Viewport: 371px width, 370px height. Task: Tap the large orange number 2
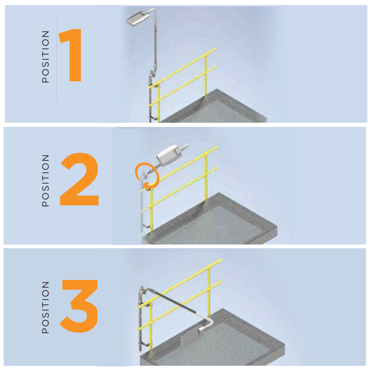coord(79,179)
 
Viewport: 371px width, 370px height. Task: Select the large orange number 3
coord(79,306)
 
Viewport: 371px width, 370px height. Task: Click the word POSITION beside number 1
coord(45,57)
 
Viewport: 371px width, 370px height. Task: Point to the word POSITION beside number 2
coord(45,181)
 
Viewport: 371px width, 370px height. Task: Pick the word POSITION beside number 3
coord(45,307)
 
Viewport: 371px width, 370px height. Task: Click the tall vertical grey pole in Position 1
coord(156,38)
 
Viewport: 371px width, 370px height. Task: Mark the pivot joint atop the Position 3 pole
coord(142,290)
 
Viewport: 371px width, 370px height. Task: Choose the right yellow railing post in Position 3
coord(209,292)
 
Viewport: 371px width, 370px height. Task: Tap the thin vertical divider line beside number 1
coord(57,61)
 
